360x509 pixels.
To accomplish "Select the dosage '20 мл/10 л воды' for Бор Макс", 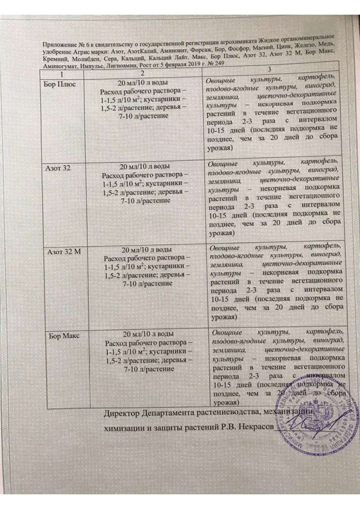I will (x=146, y=334).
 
